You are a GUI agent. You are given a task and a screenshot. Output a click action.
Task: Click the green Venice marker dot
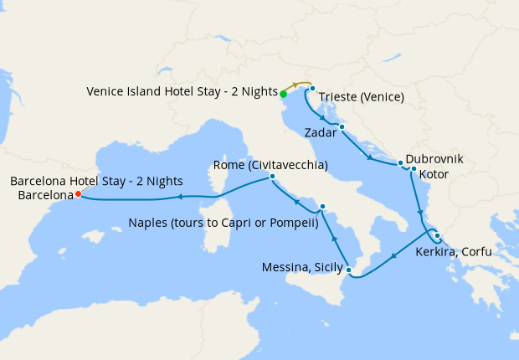coord(283,94)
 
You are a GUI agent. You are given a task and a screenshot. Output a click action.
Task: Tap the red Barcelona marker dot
coord(78,193)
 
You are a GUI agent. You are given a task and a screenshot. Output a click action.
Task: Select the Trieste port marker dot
coord(312,89)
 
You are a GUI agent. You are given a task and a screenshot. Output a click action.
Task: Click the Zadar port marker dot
coord(342,126)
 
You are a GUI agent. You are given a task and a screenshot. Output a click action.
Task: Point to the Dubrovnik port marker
coord(401,163)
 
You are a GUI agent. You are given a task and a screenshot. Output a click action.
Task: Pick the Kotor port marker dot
coord(414,169)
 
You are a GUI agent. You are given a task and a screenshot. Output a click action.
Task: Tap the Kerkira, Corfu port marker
coord(437,235)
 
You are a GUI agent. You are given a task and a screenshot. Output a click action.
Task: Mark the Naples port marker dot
coord(322,206)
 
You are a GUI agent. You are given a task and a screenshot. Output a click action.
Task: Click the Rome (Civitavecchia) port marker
coord(273,177)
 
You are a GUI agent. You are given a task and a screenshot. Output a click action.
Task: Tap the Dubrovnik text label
coord(434,158)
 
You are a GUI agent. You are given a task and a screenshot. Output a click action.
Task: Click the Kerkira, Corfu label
coord(453,251)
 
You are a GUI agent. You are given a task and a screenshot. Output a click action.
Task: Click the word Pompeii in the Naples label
coord(295,223)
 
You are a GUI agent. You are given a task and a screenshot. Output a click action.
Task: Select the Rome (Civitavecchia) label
coord(270,164)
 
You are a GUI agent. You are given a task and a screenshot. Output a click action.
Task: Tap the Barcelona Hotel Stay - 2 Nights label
coord(96,181)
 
